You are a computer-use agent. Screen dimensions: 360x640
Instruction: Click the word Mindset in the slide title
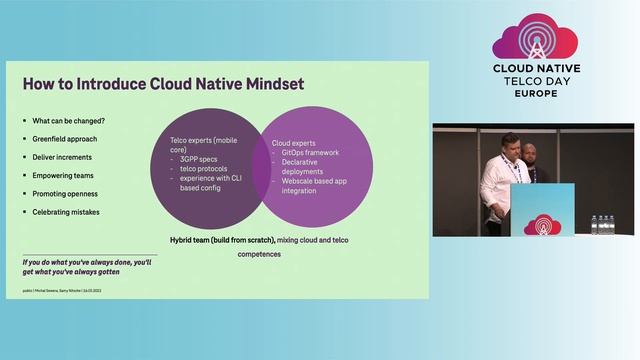(x=265, y=84)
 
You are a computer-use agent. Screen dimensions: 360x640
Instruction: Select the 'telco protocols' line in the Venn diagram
(x=203, y=169)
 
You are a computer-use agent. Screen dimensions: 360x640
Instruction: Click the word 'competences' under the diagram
(x=259, y=254)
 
